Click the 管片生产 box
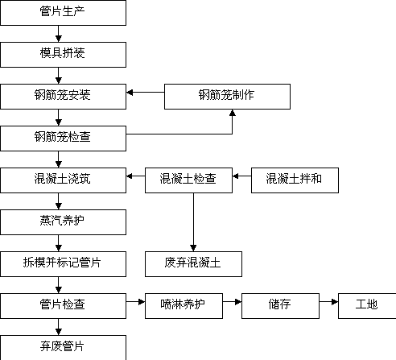tap(63, 13)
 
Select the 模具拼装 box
tap(63, 55)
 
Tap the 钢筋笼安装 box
tap(63, 97)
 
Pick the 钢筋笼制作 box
tap(227, 97)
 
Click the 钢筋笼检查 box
tap(63, 139)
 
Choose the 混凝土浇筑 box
tap(63, 180)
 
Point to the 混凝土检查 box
tap(188, 180)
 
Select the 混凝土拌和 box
tap(295, 180)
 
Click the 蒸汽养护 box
tap(63, 222)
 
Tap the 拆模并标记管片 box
tap(63, 264)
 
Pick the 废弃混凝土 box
tap(193, 264)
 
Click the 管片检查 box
tap(63, 306)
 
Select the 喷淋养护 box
tap(184, 306)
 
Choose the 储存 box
tap(280, 306)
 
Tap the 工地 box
tap(367, 306)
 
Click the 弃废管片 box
tap(63, 347)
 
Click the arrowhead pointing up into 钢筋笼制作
tap(233, 113)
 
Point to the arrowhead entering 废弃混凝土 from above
tap(193, 248)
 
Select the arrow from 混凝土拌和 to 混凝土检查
tap(242, 176)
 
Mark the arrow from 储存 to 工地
tap(328, 302)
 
